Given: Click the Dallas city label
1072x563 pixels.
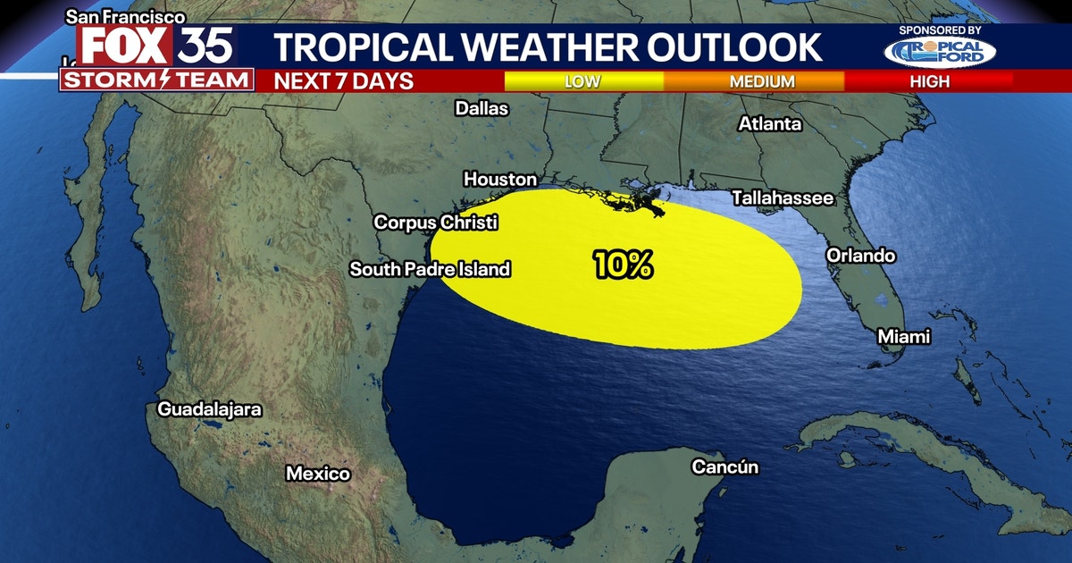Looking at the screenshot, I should pyautogui.click(x=482, y=108).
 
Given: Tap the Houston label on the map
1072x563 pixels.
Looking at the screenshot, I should pyautogui.click(x=500, y=180).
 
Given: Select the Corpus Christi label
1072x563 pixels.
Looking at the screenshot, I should pyautogui.click(x=436, y=223).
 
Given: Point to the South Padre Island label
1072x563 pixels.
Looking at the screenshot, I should pyautogui.click(x=430, y=268).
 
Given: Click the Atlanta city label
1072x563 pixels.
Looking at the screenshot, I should pyautogui.click(x=769, y=124).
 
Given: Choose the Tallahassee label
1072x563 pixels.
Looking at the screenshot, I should pyautogui.click(x=783, y=197).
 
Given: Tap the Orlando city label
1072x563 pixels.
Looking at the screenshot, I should pyautogui.click(x=860, y=256).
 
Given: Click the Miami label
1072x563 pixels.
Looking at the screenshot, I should pyautogui.click(x=903, y=337).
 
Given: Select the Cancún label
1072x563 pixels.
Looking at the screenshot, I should pyautogui.click(x=725, y=466).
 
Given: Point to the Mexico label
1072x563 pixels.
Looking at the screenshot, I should pyautogui.click(x=318, y=474).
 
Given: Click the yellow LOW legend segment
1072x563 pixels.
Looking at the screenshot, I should pyautogui.click(x=583, y=81).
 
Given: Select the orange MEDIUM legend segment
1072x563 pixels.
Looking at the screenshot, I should pyautogui.click(x=762, y=81).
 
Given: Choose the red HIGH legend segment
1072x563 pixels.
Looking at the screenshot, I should pyautogui.click(x=929, y=81).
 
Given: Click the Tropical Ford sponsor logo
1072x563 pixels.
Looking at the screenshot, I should pyautogui.click(x=940, y=52).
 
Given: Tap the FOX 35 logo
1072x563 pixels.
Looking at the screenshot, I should pyautogui.click(x=157, y=45).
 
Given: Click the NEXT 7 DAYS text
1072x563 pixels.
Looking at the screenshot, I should pyautogui.click(x=344, y=81).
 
